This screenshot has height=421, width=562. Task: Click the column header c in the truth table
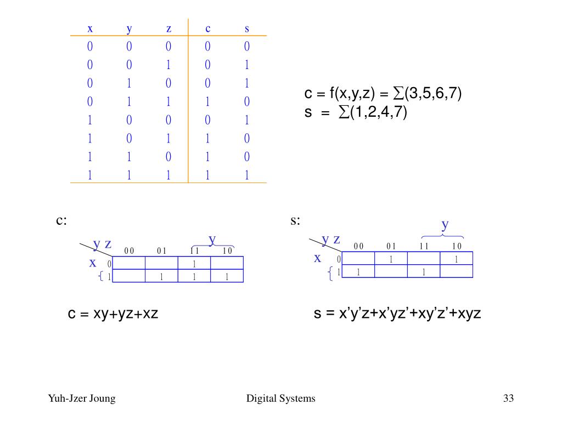[x=208, y=28]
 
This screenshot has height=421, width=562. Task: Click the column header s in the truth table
[x=247, y=28]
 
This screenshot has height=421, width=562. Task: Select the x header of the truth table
[x=90, y=28]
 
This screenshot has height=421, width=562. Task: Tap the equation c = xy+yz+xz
[x=113, y=314]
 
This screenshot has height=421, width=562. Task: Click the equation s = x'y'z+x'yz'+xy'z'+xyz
[x=397, y=314]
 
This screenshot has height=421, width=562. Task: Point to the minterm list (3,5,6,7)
[x=432, y=94]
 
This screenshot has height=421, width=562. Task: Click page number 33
[x=508, y=399]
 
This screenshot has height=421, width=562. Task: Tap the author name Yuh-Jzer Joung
[x=82, y=399]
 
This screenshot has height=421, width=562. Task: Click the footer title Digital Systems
[x=281, y=399]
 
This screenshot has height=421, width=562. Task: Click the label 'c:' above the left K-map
[x=61, y=220]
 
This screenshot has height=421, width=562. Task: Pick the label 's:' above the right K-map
[x=295, y=220]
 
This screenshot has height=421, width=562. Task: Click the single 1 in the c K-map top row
[x=194, y=264]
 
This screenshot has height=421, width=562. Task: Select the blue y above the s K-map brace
[x=446, y=225]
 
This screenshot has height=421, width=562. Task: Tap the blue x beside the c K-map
[x=93, y=263]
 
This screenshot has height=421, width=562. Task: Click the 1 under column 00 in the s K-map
[x=358, y=271]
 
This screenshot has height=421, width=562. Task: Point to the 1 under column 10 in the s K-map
[x=456, y=259]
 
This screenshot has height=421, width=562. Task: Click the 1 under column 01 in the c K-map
[x=161, y=277]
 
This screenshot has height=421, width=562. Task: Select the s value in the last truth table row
[x=247, y=175]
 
